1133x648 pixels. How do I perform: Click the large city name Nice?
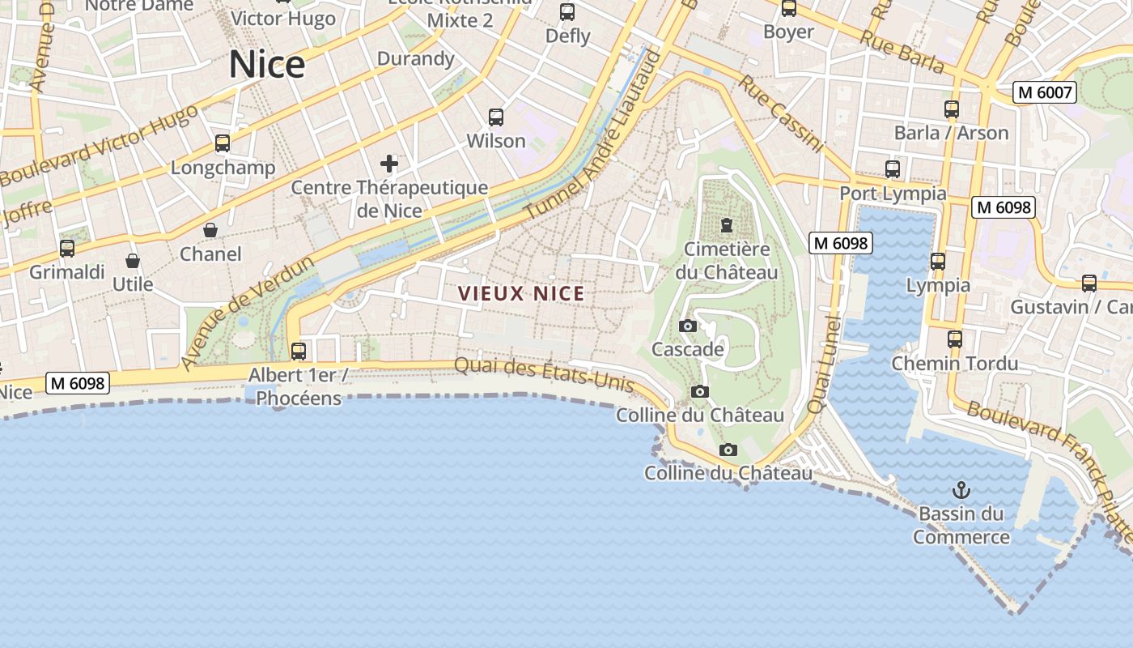(266, 64)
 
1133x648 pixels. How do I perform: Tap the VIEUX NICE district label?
(521, 293)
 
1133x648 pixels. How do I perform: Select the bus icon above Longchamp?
(223, 143)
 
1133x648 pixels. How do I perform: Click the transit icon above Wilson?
(496, 117)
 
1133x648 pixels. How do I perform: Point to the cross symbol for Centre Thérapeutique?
(389, 164)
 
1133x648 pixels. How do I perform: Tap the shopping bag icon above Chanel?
(210, 230)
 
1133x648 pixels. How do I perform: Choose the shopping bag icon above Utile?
(133, 261)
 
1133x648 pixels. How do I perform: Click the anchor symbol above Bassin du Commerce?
(961, 489)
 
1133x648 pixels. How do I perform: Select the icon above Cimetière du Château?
(727, 224)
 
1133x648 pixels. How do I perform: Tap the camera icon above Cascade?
(688, 326)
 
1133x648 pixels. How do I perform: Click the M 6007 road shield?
(1044, 92)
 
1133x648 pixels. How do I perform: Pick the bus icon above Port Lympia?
(893, 169)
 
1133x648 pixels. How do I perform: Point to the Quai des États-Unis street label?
(544, 373)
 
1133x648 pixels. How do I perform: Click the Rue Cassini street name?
(780, 114)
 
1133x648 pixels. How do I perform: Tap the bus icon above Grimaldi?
(67, 249)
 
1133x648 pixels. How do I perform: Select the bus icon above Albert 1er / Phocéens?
(299, 351)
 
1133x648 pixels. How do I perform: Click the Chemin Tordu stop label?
(954, 363)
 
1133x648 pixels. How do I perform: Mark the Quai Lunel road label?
(825, 364)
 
